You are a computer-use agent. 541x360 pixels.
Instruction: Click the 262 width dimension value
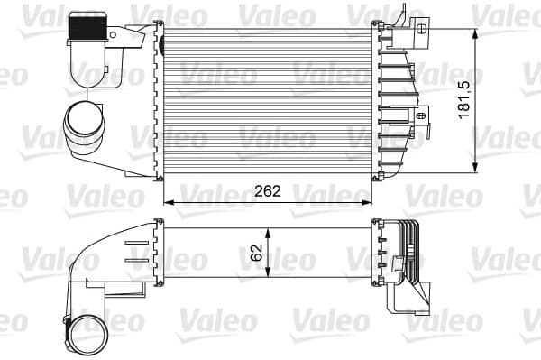click(x=268, y=191)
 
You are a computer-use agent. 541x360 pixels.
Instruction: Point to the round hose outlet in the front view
click(x=82, y=124)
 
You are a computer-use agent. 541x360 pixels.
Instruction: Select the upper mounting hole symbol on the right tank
click(x=422, y=29)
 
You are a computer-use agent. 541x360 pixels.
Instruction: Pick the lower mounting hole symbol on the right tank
click(x=420, y=115)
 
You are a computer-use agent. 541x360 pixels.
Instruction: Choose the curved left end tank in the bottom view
click(x=113, y=262)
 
